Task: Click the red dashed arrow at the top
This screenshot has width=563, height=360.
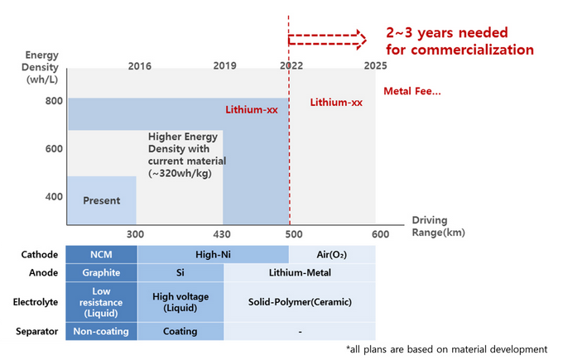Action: point(327,37)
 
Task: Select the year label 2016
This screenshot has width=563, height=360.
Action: point(140,65)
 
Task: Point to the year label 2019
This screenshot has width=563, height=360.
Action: point(224,65)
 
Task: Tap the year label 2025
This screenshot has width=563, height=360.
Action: point(375,65)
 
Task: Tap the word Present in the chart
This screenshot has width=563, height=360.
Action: point(102,200)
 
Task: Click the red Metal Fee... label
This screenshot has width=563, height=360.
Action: point(411,91)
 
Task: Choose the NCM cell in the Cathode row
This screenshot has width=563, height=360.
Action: point(102,254)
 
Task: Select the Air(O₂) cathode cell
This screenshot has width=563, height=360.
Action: point(331,254)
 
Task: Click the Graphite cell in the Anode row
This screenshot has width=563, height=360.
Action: point(102,272)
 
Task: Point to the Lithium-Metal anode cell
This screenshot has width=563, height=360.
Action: point(299,272)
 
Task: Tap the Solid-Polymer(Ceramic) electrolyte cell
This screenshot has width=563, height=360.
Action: point(299,302)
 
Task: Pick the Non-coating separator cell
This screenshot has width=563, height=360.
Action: point(102,331)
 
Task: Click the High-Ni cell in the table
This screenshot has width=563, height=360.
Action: point(213,254)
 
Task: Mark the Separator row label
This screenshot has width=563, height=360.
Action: point(35,331)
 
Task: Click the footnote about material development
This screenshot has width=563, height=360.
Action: point(447,348)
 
